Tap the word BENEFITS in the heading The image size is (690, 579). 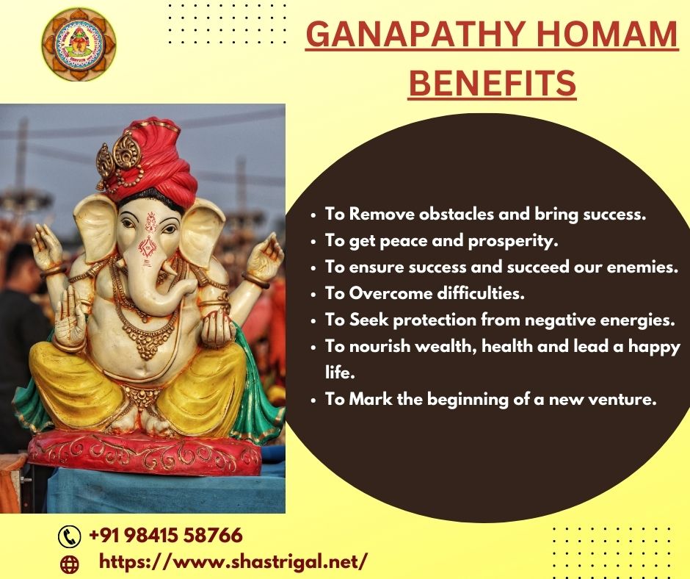(x=493, y=83)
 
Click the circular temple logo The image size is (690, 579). (x=79, y=44)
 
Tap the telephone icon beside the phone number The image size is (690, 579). (x=70, y=536)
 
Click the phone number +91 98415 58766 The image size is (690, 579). (x=165, y=536)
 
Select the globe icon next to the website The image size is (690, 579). (x=69, y=564)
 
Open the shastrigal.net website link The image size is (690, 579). (x=233, y=562)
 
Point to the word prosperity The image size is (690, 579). (x=513, y=242)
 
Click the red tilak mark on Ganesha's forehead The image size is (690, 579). (x=151, y=222)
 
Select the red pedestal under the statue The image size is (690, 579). (x=145, y=453)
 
